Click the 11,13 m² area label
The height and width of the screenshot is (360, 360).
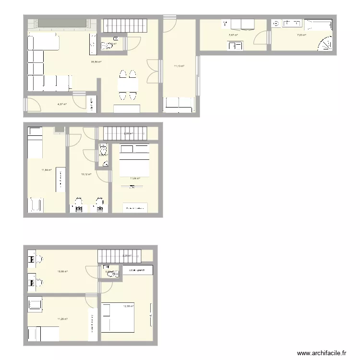click(179, 67)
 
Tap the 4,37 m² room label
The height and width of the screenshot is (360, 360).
click(62, 104)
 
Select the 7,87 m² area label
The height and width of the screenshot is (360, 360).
click(233, 35)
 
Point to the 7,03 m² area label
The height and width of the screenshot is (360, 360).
click(301, 35)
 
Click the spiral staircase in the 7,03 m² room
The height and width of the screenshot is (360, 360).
click(325, 44)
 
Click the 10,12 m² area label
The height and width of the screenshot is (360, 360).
click(86, 174)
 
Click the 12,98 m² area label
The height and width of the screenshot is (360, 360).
click(128, 306)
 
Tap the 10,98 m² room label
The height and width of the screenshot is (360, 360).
click(62, 272)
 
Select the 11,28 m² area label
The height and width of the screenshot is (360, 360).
click(62, 319)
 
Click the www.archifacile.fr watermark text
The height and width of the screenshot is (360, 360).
click(322, 353)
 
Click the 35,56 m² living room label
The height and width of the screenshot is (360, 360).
click(96, 62)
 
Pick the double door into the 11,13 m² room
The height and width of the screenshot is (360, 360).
click(153, 71)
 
